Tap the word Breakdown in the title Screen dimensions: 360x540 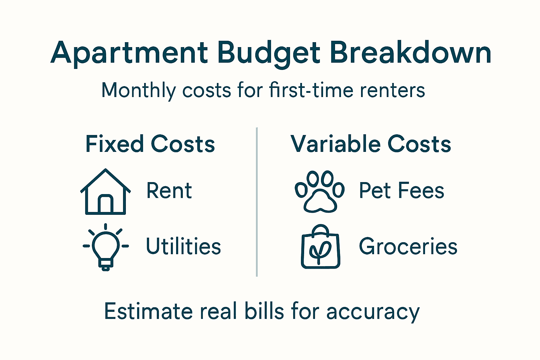click(x=410, y=53)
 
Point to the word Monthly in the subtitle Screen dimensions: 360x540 click(x=138, y=90)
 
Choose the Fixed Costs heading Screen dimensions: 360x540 click(x=150, y=144)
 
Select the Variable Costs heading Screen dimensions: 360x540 click(x=371, y=144)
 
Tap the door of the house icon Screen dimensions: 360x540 click(x=105, y=204)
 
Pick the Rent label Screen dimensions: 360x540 click(x=169, y=191)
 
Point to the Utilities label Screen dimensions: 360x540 click(x=183, y=246)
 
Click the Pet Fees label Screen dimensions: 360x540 click(x=401, y=191)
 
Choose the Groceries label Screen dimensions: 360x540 click(x=408, y=246)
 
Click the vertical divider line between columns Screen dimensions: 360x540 click(x=257, y=202)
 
